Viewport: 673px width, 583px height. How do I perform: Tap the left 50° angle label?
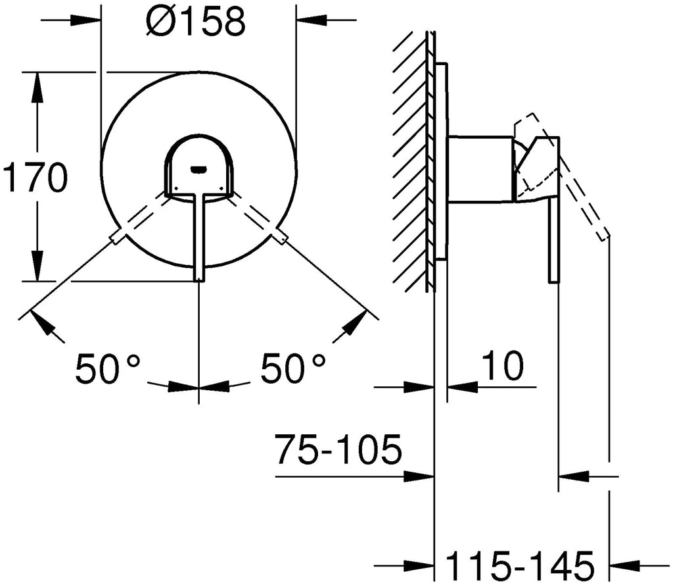(x=108, y=368)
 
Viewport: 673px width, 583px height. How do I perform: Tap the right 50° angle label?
(x=292, y=368)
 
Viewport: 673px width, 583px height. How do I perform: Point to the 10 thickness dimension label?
(x=503, y=365)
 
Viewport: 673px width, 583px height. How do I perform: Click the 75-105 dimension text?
(x=338, y=449)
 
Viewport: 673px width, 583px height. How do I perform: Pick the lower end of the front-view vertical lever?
(x=198, y=280)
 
